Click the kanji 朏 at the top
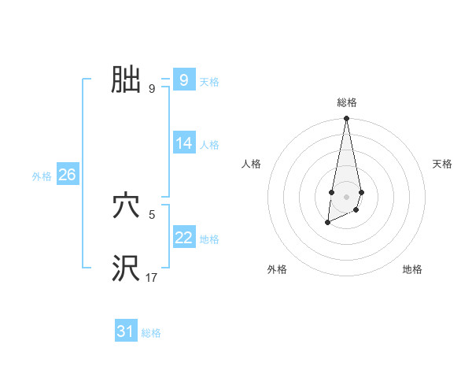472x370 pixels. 126,80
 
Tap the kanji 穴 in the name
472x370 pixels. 126,206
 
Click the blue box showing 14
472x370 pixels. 184,143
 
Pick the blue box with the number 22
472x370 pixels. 184,238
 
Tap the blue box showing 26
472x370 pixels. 67,175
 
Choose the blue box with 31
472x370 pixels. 126,331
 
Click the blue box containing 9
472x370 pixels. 184,80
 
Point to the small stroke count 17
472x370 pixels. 151,277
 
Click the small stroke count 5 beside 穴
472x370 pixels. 151,213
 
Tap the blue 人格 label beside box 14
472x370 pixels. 209,145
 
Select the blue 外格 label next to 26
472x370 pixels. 42,176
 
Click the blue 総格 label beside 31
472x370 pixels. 151,333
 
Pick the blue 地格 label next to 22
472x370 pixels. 209,239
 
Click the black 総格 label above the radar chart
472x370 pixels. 347,102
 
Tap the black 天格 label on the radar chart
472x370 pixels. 442,164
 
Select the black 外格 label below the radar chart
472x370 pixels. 277,269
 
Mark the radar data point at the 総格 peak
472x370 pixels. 346,119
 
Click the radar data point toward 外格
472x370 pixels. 327,224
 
